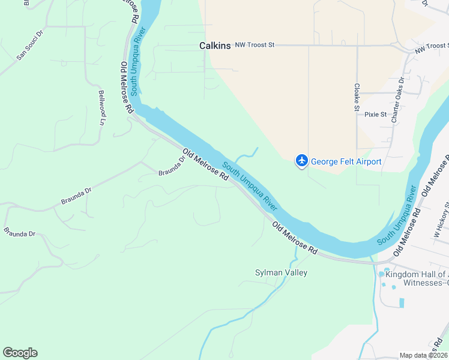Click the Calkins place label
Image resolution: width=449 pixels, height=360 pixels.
(x=215, y=46)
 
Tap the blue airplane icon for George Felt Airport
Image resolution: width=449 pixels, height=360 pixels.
(x=301, y=161)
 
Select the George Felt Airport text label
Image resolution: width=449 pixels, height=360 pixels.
(x=346, y=162)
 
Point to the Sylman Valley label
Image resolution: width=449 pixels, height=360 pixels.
(x=281, y=273)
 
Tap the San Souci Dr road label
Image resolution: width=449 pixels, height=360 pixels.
(x=30, y=46)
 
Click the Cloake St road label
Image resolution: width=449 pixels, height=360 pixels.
(x=357, y=97)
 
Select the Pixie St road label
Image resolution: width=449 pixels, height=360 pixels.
(x=375, y=114)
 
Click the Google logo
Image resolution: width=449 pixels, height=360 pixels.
(x=20, y=353)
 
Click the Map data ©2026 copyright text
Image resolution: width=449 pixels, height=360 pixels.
(x=424, y=355)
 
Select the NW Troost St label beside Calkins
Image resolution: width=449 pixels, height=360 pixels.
(x=255, y=45)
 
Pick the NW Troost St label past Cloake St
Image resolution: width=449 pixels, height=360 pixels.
(x=431, y=47)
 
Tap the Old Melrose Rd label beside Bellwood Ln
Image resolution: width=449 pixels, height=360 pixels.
(x=127, y=88)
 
